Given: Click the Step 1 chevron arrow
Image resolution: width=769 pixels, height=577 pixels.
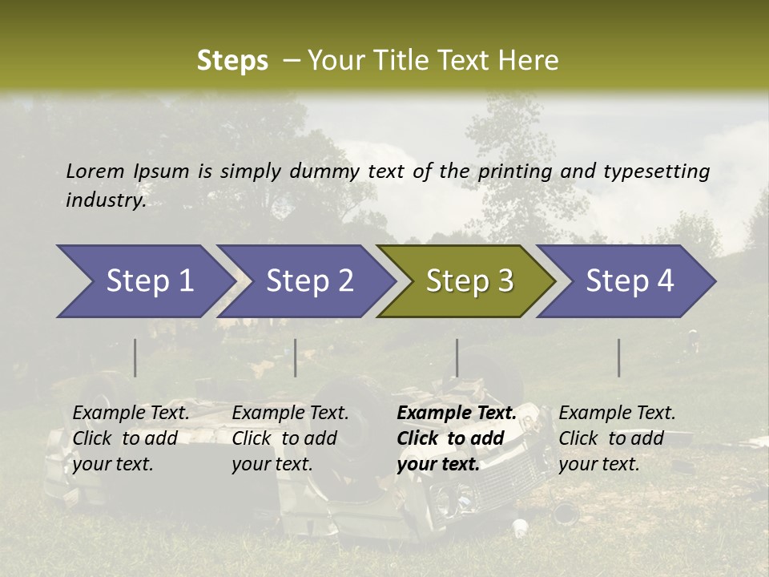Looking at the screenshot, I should [x=144, y=281].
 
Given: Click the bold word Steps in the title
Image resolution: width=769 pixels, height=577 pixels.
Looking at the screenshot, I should [x=232, y=61].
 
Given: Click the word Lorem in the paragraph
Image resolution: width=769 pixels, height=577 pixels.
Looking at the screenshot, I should [x=95, y=171].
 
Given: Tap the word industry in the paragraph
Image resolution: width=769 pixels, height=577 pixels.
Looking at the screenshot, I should [x=105, y=200].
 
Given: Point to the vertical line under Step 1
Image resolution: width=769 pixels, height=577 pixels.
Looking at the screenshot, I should [x=135, y=357].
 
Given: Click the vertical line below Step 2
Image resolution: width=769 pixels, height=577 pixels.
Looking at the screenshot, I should [x=296, y=357].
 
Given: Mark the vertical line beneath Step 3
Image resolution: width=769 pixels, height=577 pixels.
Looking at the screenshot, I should [x=457, y=357].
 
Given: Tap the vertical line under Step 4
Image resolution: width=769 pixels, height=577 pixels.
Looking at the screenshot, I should [x=618, y=357].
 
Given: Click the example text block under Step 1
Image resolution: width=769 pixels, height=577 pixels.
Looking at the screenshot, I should [x=131, y=438].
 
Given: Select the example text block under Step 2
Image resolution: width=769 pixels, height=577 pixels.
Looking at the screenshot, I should [x=290, y=438].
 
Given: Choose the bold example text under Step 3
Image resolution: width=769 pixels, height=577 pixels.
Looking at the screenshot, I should [x=457, y=438].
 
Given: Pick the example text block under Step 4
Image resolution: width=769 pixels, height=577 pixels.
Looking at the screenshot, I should [x=617, y=438].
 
